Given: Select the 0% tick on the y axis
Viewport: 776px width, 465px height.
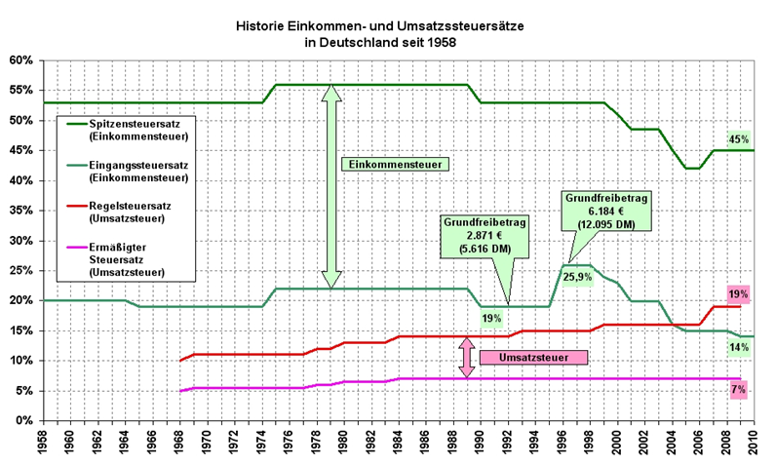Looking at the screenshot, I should tap(24, 420).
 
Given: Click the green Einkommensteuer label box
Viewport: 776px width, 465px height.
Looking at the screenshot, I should tap(395, 165).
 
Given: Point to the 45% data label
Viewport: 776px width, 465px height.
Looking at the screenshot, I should tap(737, 139).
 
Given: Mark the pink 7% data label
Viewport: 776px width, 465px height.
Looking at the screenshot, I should tap(738, 390).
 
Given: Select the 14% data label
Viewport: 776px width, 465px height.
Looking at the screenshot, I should tap(737, 346).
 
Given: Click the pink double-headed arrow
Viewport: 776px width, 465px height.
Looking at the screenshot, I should tap(466, 358).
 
